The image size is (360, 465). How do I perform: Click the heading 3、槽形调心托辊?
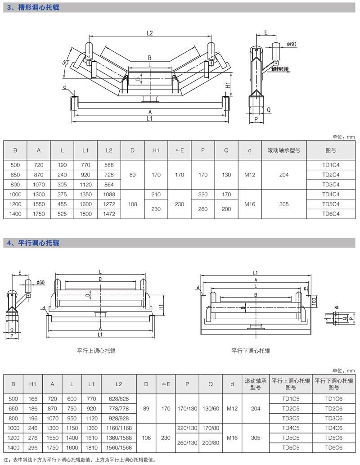pos(33,8)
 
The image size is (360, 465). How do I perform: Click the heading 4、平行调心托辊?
pos(33,243)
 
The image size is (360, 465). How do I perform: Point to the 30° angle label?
pos(67,63)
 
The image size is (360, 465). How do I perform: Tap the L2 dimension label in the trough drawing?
pos(150,33)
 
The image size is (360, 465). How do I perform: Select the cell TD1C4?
pos(331,165)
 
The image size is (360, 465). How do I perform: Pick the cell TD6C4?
pos(331,214)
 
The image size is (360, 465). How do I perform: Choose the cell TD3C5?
pos(291,418)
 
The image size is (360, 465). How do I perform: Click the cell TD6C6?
pos(333,447)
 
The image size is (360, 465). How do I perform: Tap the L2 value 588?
pos(109,165)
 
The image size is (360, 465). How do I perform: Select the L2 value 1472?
pos(109,214)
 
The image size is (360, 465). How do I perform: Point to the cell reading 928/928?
pos(119,418)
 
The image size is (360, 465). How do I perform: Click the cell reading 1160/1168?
pos(119,428)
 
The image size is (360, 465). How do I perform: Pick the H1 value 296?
pos(33,447)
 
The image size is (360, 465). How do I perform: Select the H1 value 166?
pos(33,399)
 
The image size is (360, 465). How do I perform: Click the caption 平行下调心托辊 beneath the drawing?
pos(251,350)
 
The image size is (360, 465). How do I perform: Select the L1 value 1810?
pos(91,447)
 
